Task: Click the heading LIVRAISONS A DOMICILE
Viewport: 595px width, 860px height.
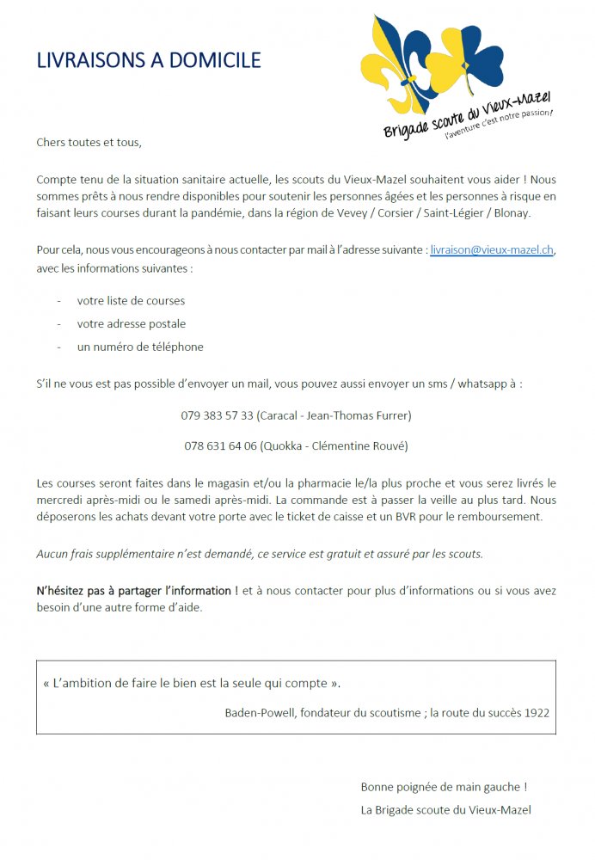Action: click(x=149, y=60)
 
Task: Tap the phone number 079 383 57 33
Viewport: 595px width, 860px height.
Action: click(x=217, y=415)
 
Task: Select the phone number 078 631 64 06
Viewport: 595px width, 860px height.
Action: click(x=220, y=446)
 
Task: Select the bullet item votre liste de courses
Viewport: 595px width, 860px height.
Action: click(x=131, y=301)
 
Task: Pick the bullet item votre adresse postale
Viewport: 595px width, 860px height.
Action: click(x=131, y=324)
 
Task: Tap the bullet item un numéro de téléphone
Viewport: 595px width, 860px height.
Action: click(x=140, y=347)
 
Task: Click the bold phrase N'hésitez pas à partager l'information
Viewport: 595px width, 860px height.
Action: click(x=138, y=591)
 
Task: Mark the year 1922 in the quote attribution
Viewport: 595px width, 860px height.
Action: click(x=536, y=713)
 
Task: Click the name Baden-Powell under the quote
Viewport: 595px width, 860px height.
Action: click(x=259, y=713)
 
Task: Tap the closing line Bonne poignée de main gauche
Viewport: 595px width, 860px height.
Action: click(x=444, y=787)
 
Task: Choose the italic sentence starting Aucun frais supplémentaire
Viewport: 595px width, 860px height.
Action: click(x=260, y=554)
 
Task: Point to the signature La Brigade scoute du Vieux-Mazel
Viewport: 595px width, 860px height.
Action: click(x=445, y=810)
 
